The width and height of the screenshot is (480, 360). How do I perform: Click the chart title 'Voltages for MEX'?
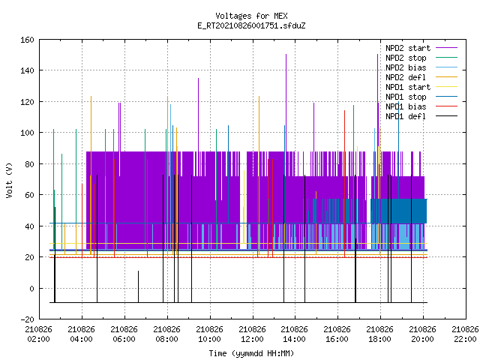251,16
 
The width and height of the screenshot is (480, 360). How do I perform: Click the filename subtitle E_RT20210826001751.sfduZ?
251,25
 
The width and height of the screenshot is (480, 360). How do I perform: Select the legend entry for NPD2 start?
421,48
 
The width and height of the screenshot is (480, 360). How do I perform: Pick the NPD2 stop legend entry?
421,58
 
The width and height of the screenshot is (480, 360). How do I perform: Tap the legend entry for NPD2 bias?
421,67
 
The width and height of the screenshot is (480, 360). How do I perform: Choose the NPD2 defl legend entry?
421,77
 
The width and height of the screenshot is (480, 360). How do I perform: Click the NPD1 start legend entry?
421,87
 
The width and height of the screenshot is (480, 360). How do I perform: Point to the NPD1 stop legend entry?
421,97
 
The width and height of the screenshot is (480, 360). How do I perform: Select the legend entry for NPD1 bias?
421,106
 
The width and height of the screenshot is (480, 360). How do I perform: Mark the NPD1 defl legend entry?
421,117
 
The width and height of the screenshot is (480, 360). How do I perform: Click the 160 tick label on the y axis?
27,40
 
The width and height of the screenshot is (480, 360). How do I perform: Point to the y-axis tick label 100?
27,133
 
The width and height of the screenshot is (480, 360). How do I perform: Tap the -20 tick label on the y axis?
27,319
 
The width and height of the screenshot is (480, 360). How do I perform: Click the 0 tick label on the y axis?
31,288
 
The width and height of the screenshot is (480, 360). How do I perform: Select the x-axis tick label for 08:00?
166,334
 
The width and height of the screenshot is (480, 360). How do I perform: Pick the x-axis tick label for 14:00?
295,334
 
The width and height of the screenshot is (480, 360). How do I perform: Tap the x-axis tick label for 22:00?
465,334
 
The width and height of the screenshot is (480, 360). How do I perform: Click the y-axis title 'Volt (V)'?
9,181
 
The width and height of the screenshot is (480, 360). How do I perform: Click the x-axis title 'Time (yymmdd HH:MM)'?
251,353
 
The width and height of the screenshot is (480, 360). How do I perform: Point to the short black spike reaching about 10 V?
138,286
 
